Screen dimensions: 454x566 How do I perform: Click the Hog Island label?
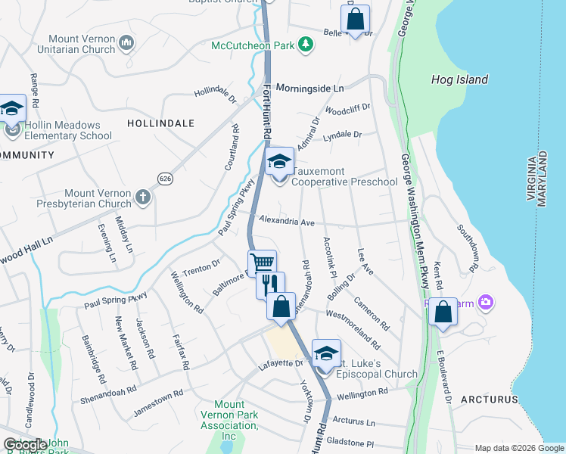(459, 79)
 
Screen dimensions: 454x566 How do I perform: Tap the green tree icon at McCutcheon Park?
(305, 46)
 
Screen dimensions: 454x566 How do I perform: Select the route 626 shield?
(166, 178)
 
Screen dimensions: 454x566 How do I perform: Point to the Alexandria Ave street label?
(286, 222)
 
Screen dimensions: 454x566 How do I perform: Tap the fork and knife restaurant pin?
(270, 285)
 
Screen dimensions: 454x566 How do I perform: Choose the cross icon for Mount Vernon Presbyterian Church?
(142, 198)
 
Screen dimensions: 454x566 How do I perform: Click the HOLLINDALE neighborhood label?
(160, 123)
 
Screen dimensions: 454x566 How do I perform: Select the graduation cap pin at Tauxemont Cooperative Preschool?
(278, 163)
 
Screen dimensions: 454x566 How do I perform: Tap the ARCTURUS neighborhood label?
(489, 399)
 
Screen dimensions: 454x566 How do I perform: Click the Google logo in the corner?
(25, 445)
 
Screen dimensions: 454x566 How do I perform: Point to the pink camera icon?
(485, 303)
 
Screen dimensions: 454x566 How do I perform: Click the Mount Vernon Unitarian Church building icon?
(126, 45)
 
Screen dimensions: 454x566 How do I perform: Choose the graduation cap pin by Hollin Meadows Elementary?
(12, 110)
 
